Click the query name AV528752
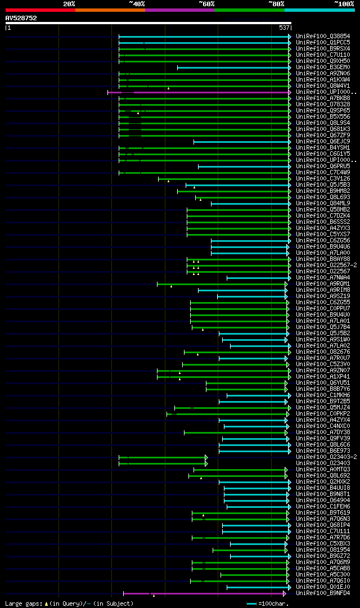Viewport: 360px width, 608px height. point(21,18)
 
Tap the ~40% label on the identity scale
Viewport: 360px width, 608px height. point(137,3)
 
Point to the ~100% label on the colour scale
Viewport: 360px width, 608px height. point(344,3)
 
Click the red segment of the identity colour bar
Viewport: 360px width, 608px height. point(40,10)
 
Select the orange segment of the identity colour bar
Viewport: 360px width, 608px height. point(110,10)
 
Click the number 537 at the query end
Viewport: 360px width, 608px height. point(284,27)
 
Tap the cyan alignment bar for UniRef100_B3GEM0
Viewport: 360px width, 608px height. point(233,67)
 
